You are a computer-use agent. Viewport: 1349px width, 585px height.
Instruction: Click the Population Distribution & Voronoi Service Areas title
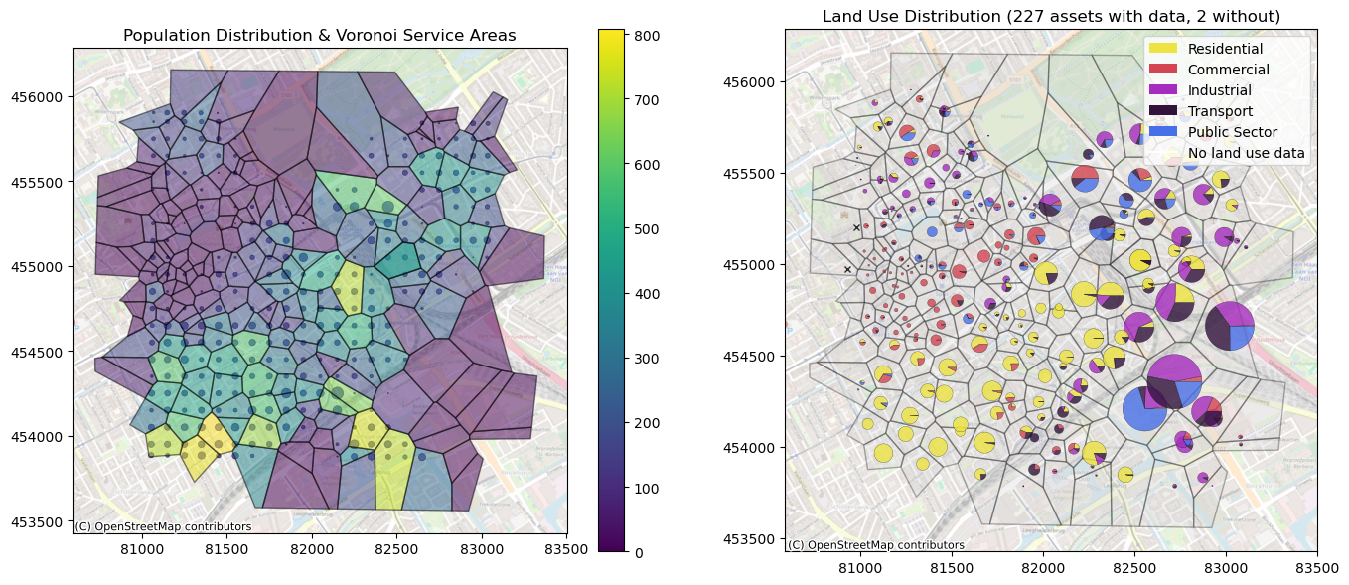(x=319, y=36)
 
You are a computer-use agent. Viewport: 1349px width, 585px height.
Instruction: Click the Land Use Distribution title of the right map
(x=1051, y=16)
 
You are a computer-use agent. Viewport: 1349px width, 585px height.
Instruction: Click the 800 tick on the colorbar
(x=638, y=36)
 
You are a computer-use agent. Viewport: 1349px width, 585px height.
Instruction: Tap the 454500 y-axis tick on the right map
(x=753, y=357)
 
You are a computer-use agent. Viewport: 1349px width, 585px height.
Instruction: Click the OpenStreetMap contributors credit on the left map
(x=163, y=527)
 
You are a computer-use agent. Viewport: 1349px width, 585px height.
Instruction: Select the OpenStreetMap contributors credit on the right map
(x=875, y=545)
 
